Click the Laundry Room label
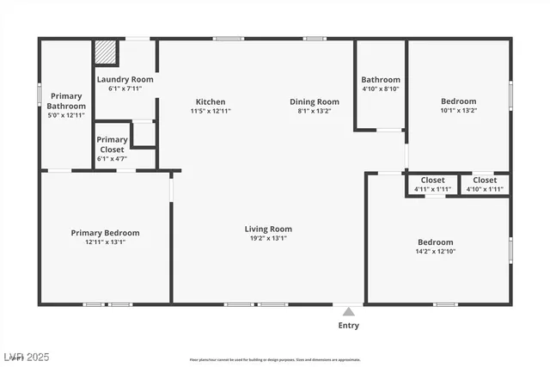(125, 79)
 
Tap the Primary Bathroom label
(67, 101)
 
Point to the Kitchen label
(211, 101)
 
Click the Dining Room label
(314, 101)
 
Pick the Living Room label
(268, 229)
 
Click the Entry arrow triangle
(347, 311)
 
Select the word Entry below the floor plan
(348, 326)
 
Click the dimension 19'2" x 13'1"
(268, 238)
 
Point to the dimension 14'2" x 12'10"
(435, 252)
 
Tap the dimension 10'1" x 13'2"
(458, 111)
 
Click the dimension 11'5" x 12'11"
(211, 111)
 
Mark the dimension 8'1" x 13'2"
(314, 111)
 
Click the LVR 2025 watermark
(27, 356)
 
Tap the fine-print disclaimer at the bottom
(275, 359)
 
